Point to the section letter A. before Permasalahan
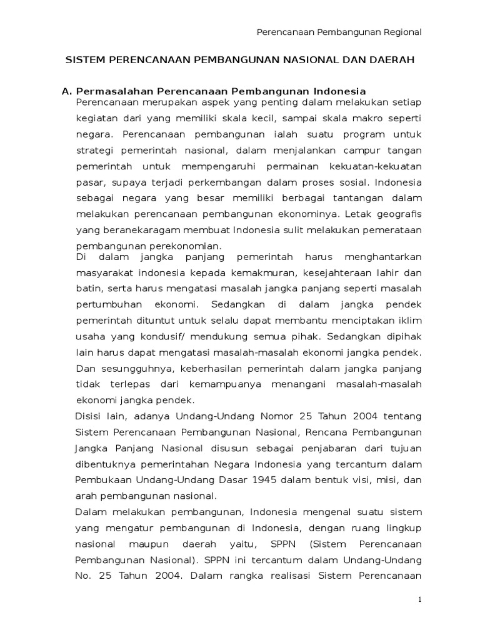(x=66, y=91)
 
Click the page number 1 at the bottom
(x=421, y=599)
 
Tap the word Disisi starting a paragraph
(x=91, y=415)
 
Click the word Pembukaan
(x=102, y=480)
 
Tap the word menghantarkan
(x=387, y=257)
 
